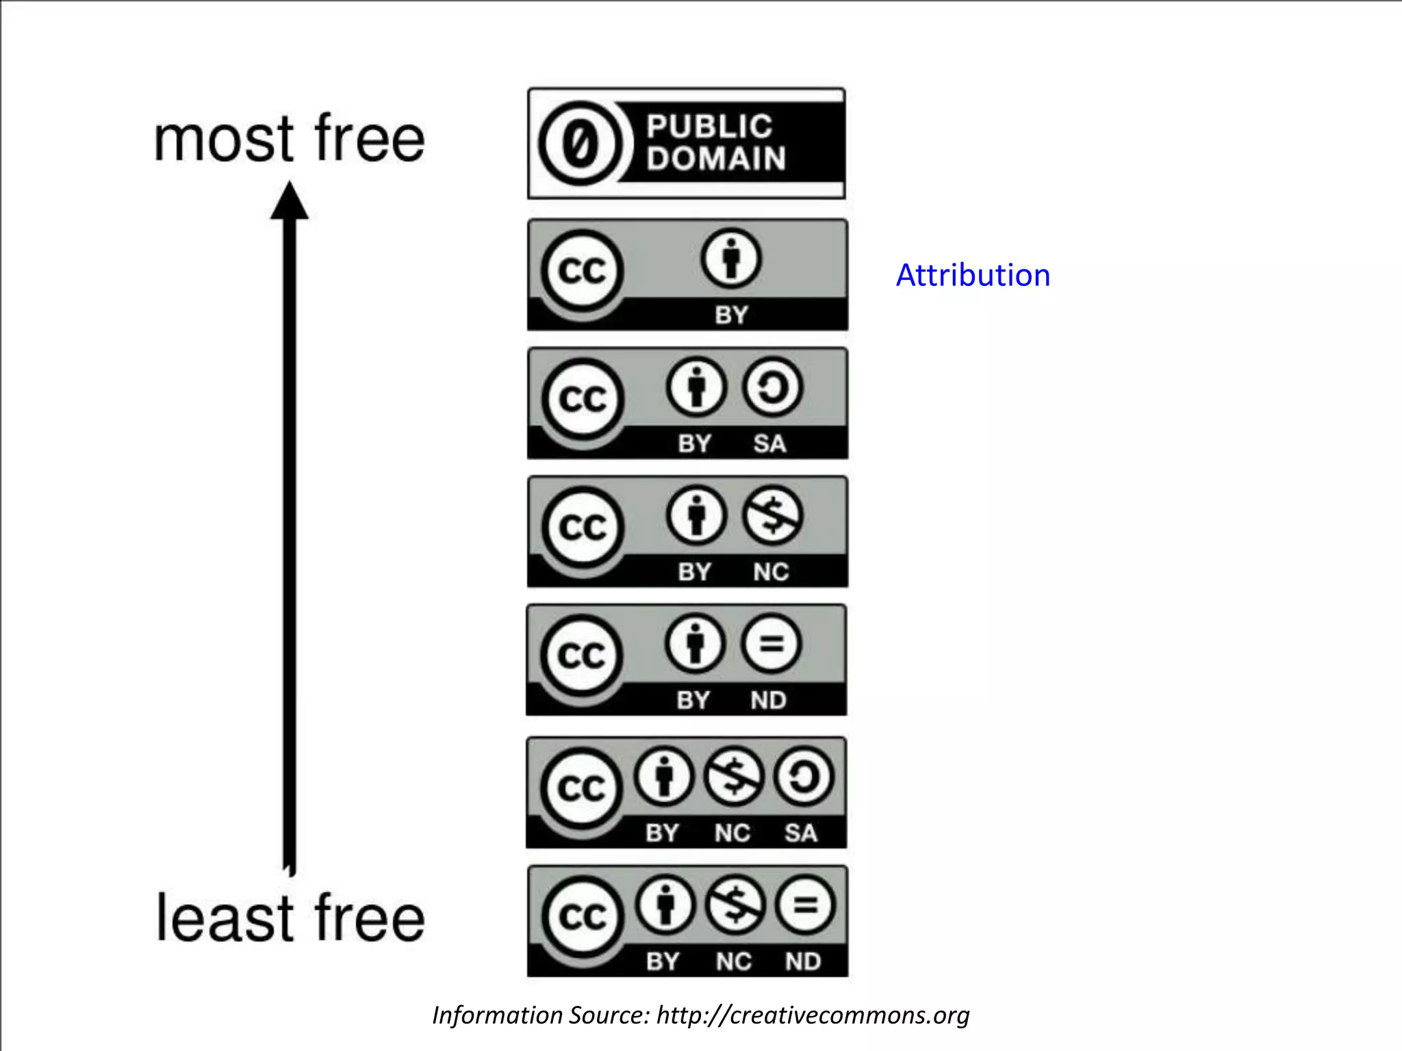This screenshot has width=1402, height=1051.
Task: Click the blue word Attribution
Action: click(x=973, y=275)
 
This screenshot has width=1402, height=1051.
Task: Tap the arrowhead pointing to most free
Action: click(x=290, y=201)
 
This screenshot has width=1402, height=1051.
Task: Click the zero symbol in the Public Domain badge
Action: click(x=581, y=144)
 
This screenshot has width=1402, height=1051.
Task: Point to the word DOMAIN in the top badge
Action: click(x=716, y=159)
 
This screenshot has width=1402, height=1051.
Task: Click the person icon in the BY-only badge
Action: click(x=730, y=259)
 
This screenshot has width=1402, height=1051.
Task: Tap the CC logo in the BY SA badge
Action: click(x=583, y=398)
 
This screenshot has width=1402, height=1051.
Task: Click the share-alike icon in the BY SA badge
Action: click(x=772, y=387)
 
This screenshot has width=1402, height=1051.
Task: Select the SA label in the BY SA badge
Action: click(x=769, y=443)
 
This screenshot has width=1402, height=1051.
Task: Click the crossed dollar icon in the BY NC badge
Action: click(x=772, y=515)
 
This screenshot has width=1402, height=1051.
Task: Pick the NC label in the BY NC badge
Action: click(x=771, y=572)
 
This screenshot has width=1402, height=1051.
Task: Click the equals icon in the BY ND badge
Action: click(x=770, y=643)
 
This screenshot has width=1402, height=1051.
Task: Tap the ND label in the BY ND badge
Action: click(x=768, y=700)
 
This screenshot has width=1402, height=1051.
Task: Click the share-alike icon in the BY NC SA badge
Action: click(x=803, y=777)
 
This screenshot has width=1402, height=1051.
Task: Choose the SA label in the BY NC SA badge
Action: click(x=800, y=833)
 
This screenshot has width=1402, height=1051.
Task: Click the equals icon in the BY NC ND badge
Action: click(x=805, y=905)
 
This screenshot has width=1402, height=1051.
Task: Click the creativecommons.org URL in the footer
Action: click(x=813, y=1015)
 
